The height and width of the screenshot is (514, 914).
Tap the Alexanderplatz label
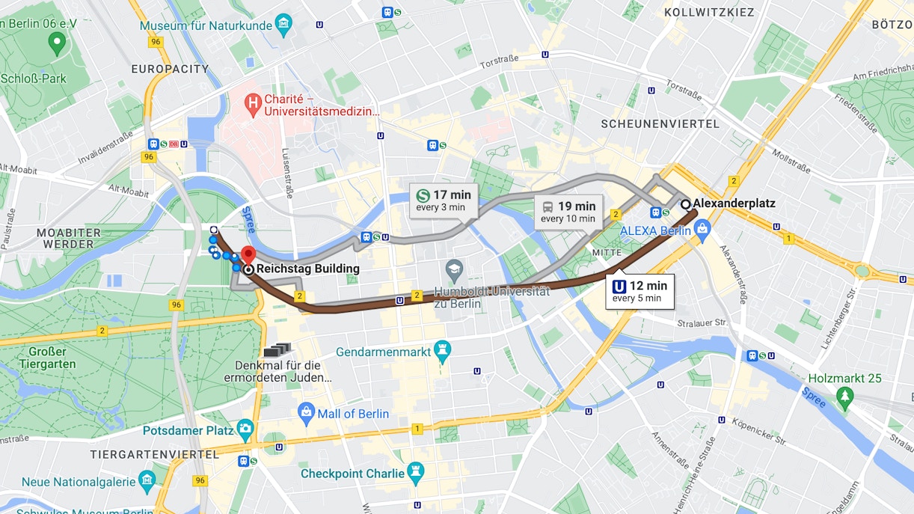[734, 204]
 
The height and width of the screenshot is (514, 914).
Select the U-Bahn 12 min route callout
[640, 291]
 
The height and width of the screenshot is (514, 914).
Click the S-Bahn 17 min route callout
[443, 201]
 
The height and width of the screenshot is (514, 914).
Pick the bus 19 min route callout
[568, 212]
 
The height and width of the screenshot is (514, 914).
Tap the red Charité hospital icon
[254, 102]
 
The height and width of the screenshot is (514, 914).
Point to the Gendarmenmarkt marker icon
[443, 352]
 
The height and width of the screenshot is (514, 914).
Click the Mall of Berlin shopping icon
[306, 413]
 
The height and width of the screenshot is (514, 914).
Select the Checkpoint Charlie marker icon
[416, 473]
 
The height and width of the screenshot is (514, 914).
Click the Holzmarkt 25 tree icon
[845, 395]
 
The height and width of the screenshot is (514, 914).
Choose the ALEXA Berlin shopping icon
[701, 231]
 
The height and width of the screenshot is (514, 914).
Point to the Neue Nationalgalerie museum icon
[147, 481]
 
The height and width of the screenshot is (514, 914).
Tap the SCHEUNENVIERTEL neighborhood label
[660, 123]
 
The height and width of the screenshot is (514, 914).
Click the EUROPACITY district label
[171, 69]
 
